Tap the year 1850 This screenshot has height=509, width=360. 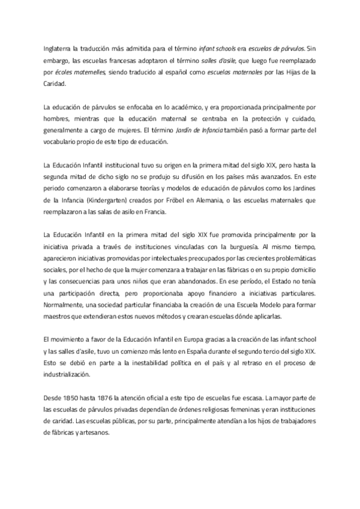coord(76,397)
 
